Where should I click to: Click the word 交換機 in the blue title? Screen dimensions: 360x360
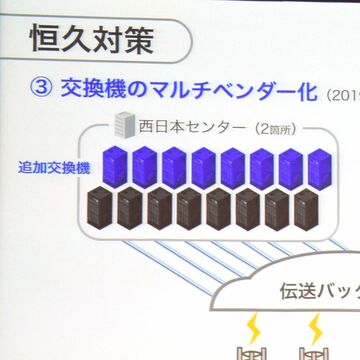93,90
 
